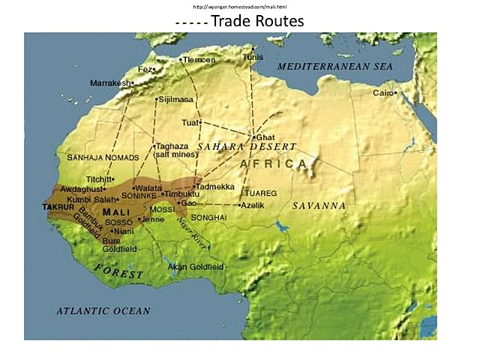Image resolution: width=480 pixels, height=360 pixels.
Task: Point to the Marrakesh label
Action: click(110, 82)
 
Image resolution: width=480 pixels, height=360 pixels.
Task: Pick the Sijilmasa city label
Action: click(175, 99)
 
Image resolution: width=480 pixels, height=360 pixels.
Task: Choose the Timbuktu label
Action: click(183, 193)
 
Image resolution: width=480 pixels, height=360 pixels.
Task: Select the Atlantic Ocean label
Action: click(104, 310)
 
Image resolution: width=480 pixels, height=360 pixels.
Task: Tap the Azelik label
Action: click(252, 205)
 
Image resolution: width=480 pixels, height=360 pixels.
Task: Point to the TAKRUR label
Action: click(58, 205)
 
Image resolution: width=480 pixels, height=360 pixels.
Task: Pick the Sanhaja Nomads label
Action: click(103, 157)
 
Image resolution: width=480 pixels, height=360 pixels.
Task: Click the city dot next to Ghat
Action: click(254, 138)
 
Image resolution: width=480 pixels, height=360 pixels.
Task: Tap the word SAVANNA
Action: click(319, 205)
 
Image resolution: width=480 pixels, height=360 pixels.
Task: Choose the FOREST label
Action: click(118, 271)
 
